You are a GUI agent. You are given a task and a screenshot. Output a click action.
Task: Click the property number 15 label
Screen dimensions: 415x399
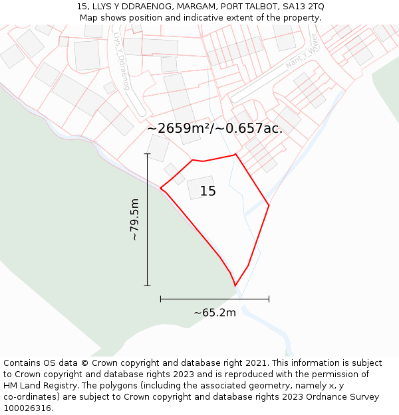tap(208, 192)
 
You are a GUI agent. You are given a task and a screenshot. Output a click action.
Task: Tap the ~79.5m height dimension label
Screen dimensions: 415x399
tap(134, 219)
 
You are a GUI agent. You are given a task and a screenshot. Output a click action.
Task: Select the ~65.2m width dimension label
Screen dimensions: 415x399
tap(215, 313)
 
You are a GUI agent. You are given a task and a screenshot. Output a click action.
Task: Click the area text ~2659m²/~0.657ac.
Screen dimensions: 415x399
tap(214, 128)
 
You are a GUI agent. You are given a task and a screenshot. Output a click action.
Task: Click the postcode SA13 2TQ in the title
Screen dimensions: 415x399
tap(303, 7)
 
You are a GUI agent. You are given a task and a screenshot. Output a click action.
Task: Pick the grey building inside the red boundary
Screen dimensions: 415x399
tap(201, 187)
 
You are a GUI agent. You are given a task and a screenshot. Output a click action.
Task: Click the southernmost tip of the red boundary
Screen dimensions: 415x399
tap(235, 286)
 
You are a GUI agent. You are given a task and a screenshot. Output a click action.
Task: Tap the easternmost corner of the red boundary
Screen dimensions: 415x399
tap(269, 205)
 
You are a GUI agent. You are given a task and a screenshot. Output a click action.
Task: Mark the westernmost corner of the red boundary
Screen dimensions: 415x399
tap(160, 189)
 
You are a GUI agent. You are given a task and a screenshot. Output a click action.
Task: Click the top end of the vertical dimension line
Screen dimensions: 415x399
tap(147, 154)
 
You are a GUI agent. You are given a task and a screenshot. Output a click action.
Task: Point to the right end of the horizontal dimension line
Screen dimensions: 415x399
tap(269, 299)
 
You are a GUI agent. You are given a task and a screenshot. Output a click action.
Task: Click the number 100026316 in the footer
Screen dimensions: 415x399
tap(27, 408)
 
